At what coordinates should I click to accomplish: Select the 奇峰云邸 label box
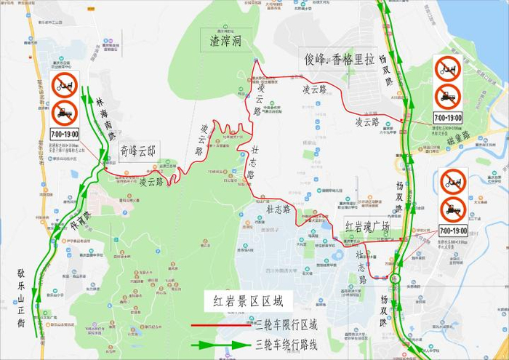coord(138,151)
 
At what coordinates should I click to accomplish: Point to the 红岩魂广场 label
coord(367,226)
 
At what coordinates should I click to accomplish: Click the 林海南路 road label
coord(105,116)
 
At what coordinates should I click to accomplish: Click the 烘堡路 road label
coord(459,137)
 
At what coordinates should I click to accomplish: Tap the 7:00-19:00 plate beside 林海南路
coord(64,134)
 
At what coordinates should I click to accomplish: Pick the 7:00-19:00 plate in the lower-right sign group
coord(453,231)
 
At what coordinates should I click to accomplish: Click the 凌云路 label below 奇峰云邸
coord(151,181)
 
